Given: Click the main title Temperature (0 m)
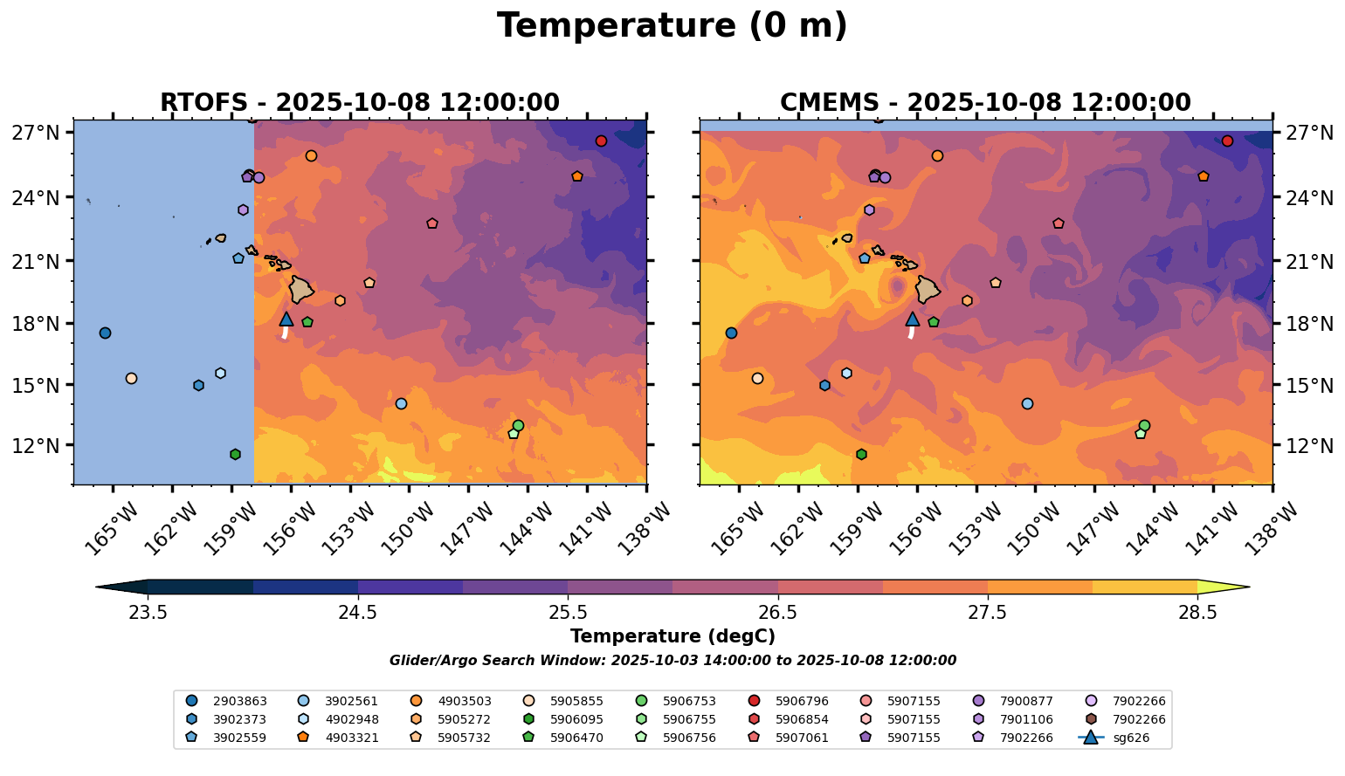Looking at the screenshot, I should [672, 26].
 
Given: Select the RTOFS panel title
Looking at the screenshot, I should [359, 103].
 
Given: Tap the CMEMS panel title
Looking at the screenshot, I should [985, 103].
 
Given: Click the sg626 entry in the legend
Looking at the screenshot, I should [1114, 738].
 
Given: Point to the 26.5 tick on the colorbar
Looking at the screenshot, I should [778, 612].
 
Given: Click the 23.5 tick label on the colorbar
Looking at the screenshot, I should [148, 612].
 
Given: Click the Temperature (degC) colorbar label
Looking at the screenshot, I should [672, 636].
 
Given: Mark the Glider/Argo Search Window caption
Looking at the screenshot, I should [672, 661].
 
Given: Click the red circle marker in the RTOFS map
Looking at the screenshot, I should [601, 141].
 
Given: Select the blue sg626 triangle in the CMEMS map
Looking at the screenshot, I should [913, 319].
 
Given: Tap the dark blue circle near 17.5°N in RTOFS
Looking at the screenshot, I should [105, 333].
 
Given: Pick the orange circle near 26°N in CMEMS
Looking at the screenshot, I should [937, 156].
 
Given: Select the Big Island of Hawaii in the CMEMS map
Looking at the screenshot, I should [927, 288].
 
